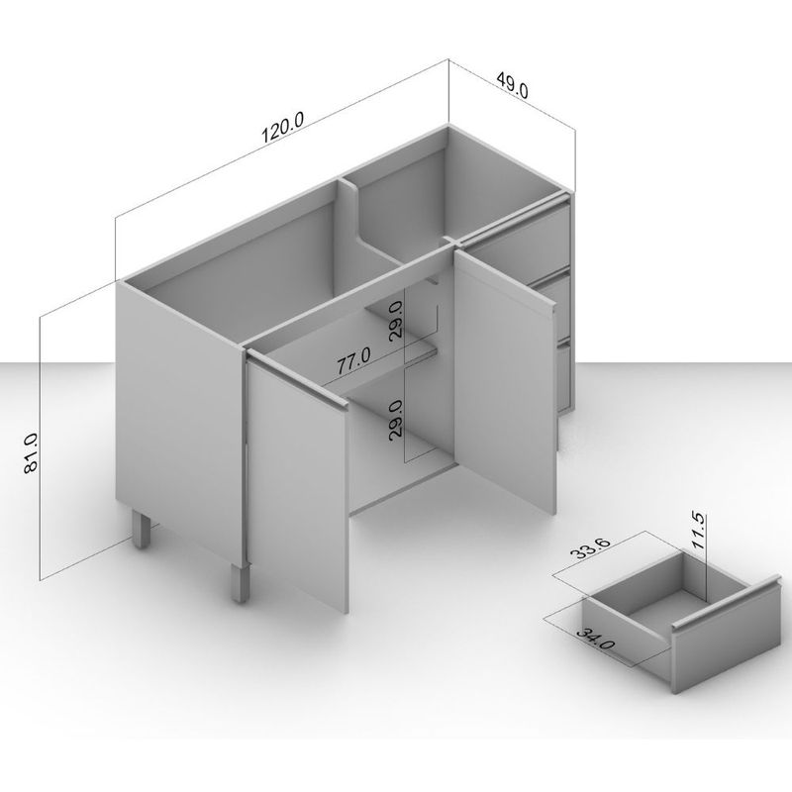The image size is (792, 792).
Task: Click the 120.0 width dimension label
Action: (x=283, y=128)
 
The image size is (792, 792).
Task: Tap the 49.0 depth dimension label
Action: (x=512, y=85)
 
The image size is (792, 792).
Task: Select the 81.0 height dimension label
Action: (x=31, y=453)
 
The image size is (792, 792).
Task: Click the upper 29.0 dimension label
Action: (x=396, y=321)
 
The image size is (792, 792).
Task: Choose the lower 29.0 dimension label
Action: (x=396, y=418)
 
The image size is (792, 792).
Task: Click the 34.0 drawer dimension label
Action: (x=596, y=639)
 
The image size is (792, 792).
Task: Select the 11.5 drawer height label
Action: (x=699, y=532)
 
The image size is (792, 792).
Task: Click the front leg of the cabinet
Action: (x=242, y=583)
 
